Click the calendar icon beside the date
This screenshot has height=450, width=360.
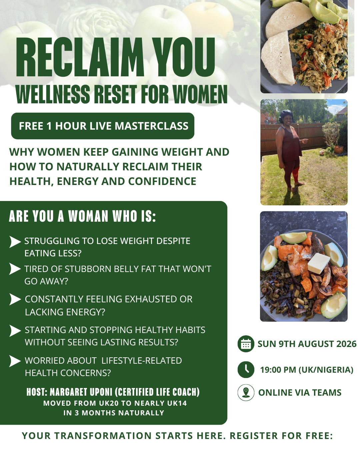(x=246, y=344)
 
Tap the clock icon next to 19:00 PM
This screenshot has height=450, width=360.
(x=246, y=369)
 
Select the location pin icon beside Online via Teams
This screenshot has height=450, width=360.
(x=246, y=392)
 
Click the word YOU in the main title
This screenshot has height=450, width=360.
(x=183, y=57)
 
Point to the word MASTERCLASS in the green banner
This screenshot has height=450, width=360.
(x=151, y=126)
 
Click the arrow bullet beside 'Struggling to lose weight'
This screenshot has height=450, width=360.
(x=15, y=242)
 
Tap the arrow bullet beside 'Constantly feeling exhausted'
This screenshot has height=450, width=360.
(x=15, y=299)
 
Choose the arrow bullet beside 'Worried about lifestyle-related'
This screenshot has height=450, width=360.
(x=15, y=361)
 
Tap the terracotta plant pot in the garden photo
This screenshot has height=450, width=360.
(x=338, y=150)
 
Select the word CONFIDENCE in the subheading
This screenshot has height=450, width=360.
(x=162, y=181)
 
